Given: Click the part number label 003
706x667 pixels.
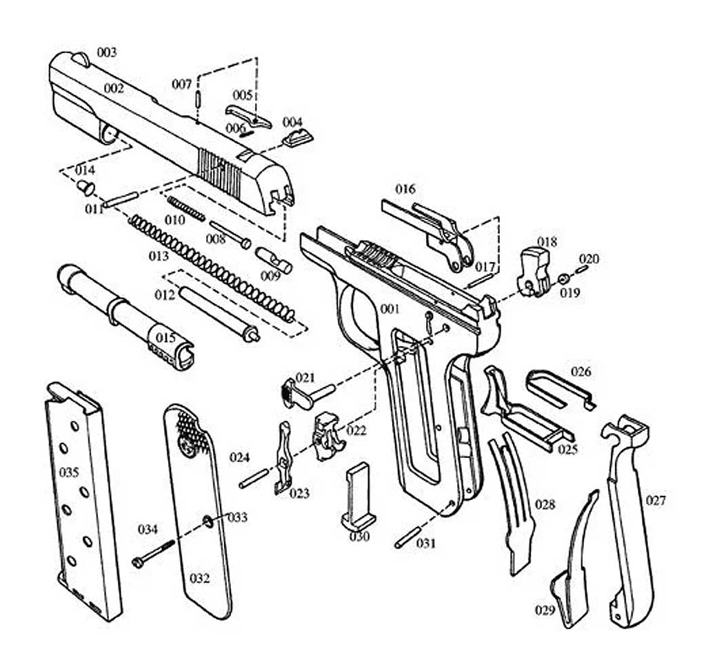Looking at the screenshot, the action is [x=107, y=52].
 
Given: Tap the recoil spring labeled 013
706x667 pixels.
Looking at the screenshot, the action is [x=212, y=268].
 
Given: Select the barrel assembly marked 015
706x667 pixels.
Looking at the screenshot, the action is [x=125, y=317].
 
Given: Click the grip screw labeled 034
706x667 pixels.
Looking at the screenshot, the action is [x=153, y=552].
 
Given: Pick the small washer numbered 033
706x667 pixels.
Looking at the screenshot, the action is [x=208, y=521].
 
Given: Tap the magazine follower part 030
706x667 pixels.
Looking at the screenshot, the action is [x=359, y=497].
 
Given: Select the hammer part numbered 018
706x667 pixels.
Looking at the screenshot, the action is [x=534, y=272].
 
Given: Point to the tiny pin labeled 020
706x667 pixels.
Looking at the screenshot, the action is [x=581, y=269].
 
